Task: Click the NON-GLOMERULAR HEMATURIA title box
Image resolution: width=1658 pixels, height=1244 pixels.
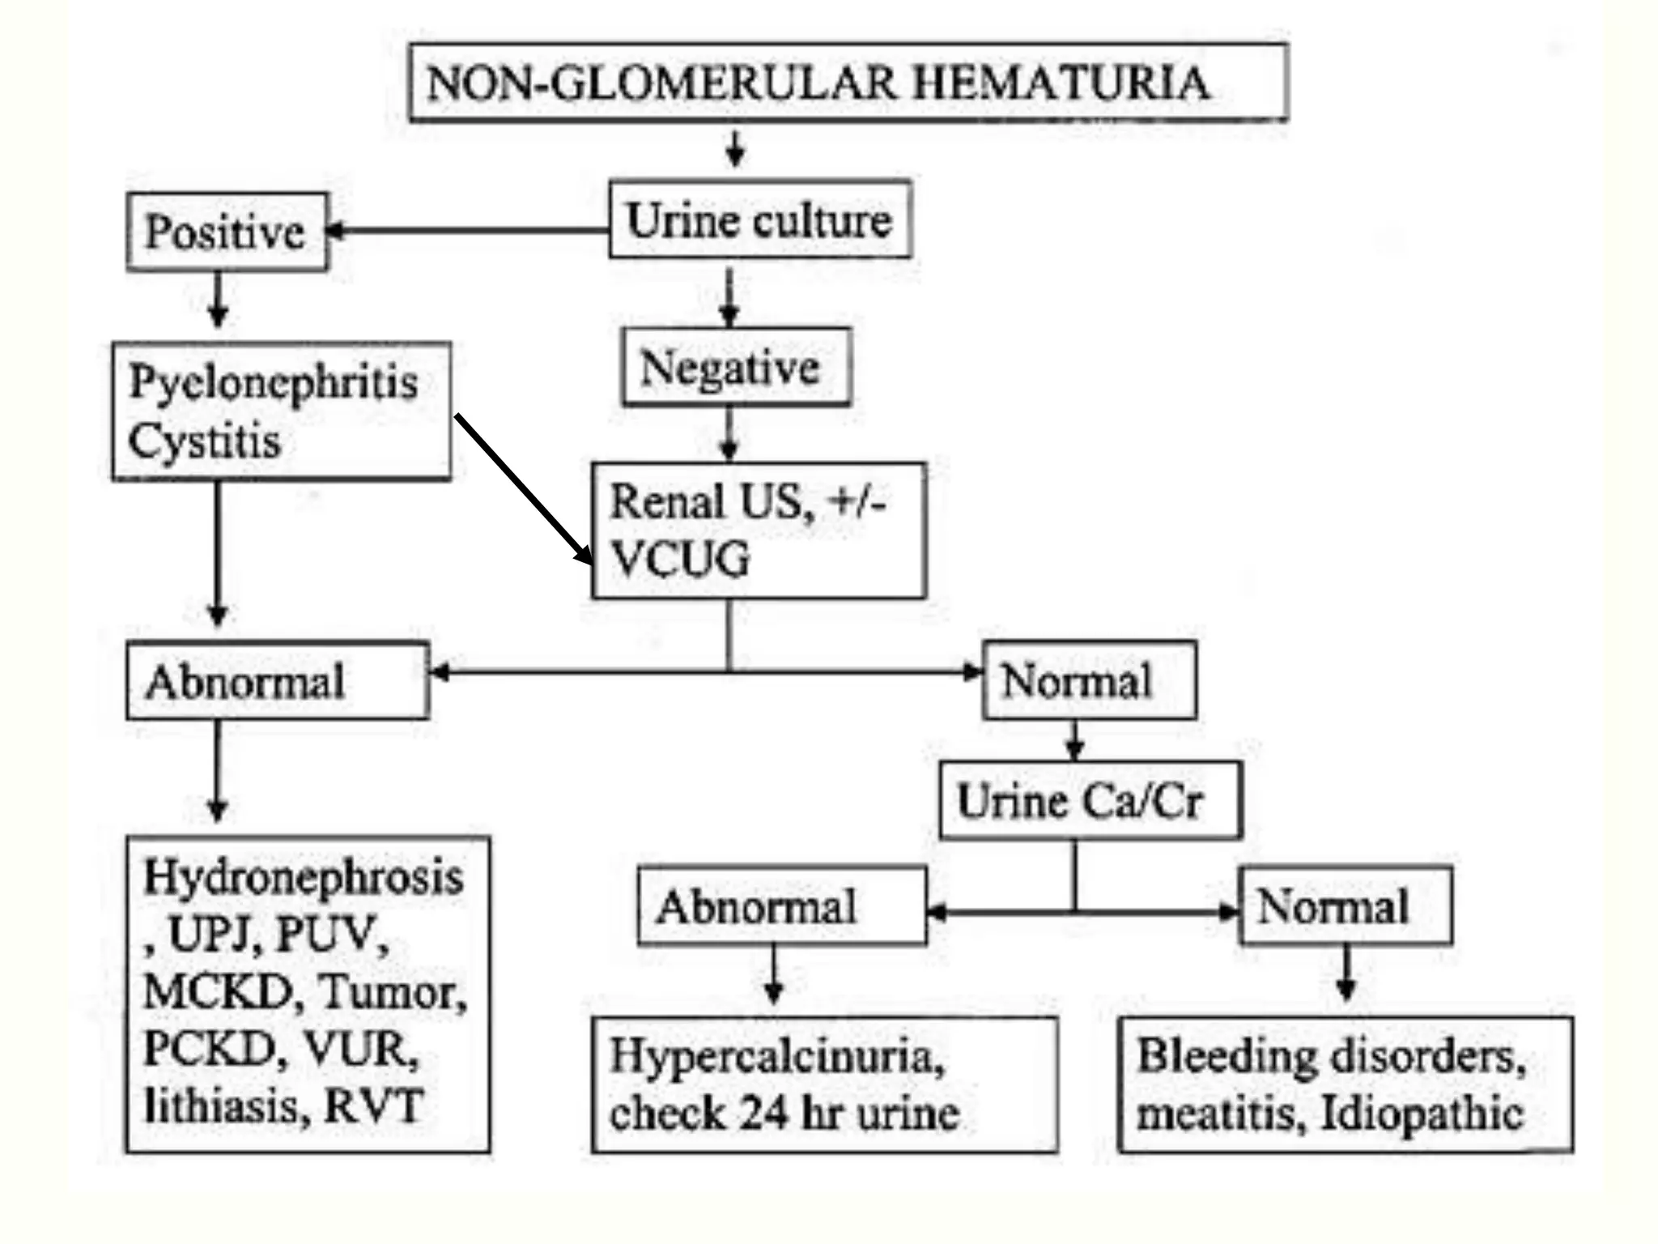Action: (848, 83)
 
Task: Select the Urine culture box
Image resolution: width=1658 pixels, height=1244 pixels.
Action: (760, 219)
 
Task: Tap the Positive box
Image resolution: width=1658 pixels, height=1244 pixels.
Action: (227, 232)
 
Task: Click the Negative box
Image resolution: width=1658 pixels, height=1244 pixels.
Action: (735, 367)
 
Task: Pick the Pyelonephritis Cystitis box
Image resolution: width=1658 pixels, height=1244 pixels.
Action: (281, 411)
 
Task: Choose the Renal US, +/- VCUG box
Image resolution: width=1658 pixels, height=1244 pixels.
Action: (759, 530)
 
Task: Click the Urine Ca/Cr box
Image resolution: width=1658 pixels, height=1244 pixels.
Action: (1089, 800)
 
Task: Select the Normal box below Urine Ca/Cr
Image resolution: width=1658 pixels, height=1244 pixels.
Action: (1345, 905)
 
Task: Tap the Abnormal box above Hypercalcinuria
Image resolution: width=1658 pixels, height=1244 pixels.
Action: (781, 905)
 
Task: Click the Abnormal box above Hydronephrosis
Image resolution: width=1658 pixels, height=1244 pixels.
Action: (277, 681)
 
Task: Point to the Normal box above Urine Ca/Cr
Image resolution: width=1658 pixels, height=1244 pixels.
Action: (1089, 680)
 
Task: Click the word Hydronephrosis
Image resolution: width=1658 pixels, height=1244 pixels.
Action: (304, 877)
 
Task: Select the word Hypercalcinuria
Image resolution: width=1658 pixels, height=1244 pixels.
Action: (776, 1056)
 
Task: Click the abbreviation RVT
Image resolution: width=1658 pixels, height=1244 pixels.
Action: (373, 1106)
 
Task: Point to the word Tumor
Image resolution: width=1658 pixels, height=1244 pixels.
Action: (392, 991)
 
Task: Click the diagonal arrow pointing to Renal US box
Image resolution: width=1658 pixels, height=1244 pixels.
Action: (523, 488)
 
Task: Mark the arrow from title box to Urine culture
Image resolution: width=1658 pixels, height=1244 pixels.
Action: (735, 149)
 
